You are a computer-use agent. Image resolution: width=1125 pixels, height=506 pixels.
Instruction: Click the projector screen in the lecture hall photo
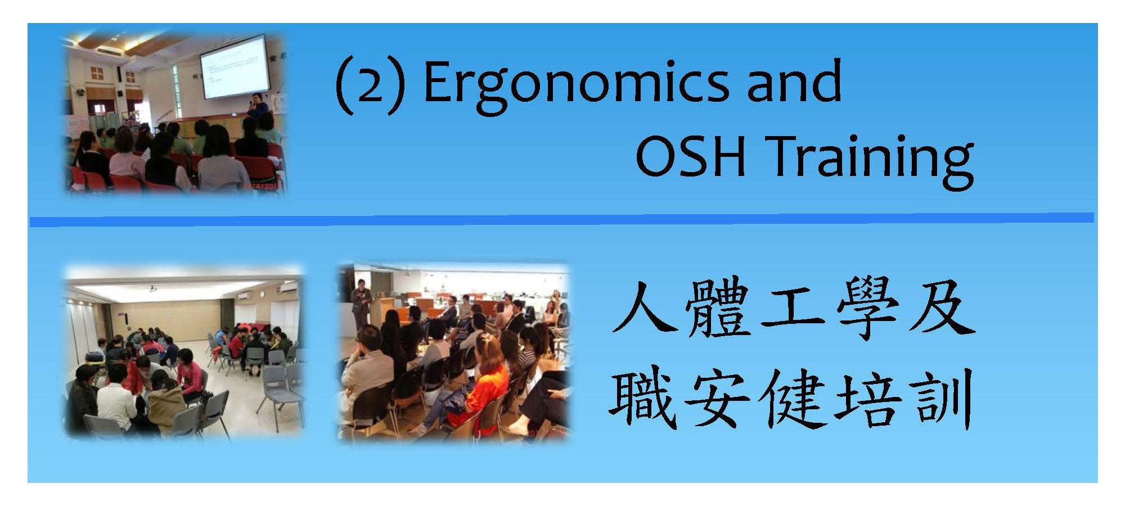(x=234, y=67)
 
